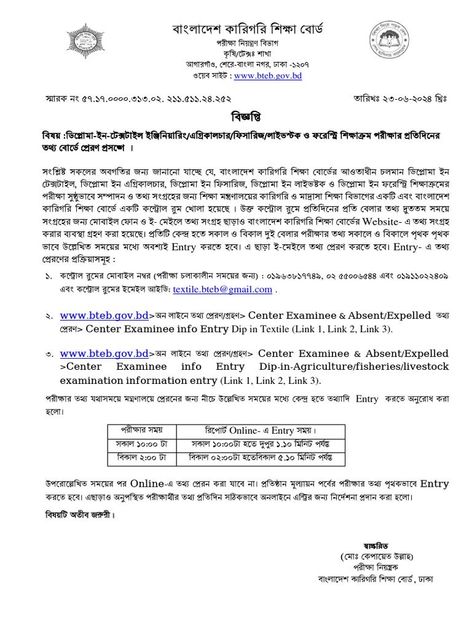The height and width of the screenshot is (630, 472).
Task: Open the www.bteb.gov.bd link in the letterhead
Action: point(267,76)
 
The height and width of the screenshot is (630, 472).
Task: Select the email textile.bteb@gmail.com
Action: point(222,289)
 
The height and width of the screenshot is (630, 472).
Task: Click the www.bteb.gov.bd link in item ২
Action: point(104,316)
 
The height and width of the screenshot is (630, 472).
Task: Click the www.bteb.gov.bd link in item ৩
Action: point(104,353)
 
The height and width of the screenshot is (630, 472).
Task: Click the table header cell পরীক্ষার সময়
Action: point(141,431)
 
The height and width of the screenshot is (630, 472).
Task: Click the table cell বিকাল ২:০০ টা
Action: point(141,458)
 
